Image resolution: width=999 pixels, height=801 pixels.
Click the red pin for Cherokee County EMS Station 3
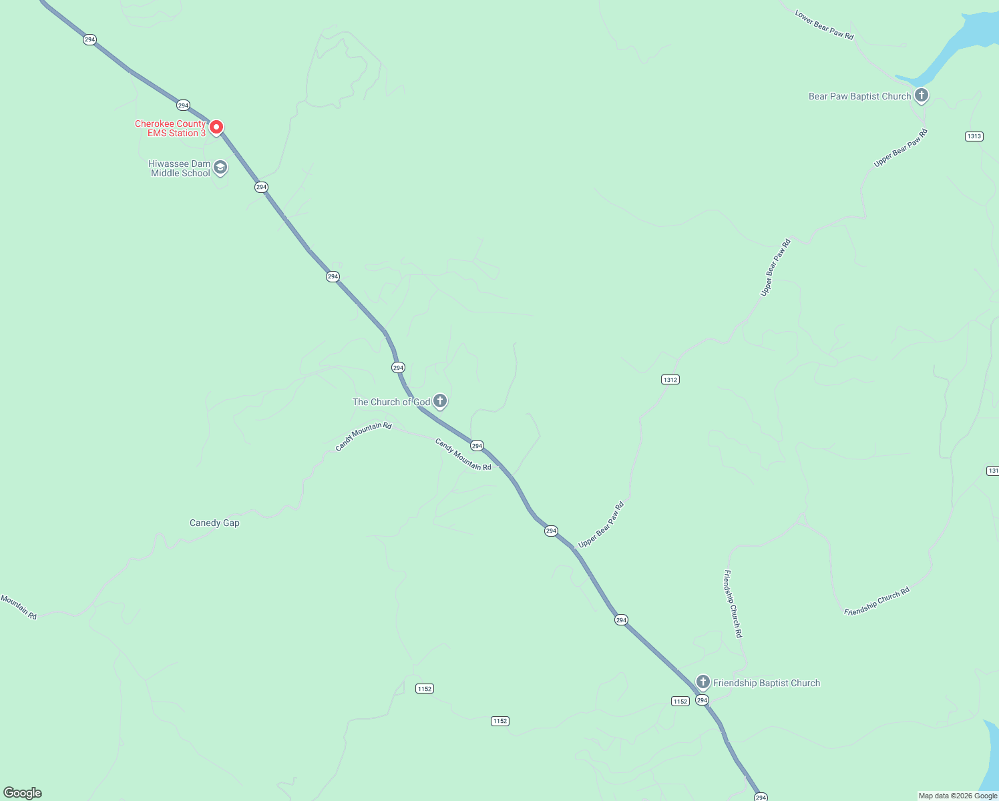click(216, 127)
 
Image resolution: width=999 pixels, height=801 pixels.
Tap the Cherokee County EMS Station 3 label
click(170, 128)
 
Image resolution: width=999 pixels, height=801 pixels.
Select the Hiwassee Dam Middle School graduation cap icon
click(220, 168)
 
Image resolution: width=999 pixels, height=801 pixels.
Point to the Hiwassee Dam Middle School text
click(180, 168)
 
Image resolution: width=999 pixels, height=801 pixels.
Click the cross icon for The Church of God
click(440, 401)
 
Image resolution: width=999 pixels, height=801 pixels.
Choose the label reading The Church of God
click(391, 402)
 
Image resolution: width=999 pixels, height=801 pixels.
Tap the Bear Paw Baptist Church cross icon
click(922, 95)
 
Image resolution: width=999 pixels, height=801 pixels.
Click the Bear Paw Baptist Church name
click(859, 96)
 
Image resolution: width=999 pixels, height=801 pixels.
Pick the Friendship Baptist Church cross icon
click(703, 682)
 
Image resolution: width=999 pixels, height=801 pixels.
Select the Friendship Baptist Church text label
click(767, 683)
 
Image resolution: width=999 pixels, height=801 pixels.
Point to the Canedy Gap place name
click(214, 523)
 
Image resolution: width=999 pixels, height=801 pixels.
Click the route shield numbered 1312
click(670, 379)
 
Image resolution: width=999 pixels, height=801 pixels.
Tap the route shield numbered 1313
click(974, 136)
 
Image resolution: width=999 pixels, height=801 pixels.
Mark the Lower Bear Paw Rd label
click(824, 25)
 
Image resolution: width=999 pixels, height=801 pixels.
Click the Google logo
click(23, 793)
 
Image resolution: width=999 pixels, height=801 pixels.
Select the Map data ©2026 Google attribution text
click(958, 796)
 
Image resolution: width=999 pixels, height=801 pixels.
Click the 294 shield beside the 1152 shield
click(702, 700)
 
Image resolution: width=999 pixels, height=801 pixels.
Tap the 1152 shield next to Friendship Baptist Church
click(680, 701)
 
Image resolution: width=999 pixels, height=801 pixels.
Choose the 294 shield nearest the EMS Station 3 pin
click(184, 105)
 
